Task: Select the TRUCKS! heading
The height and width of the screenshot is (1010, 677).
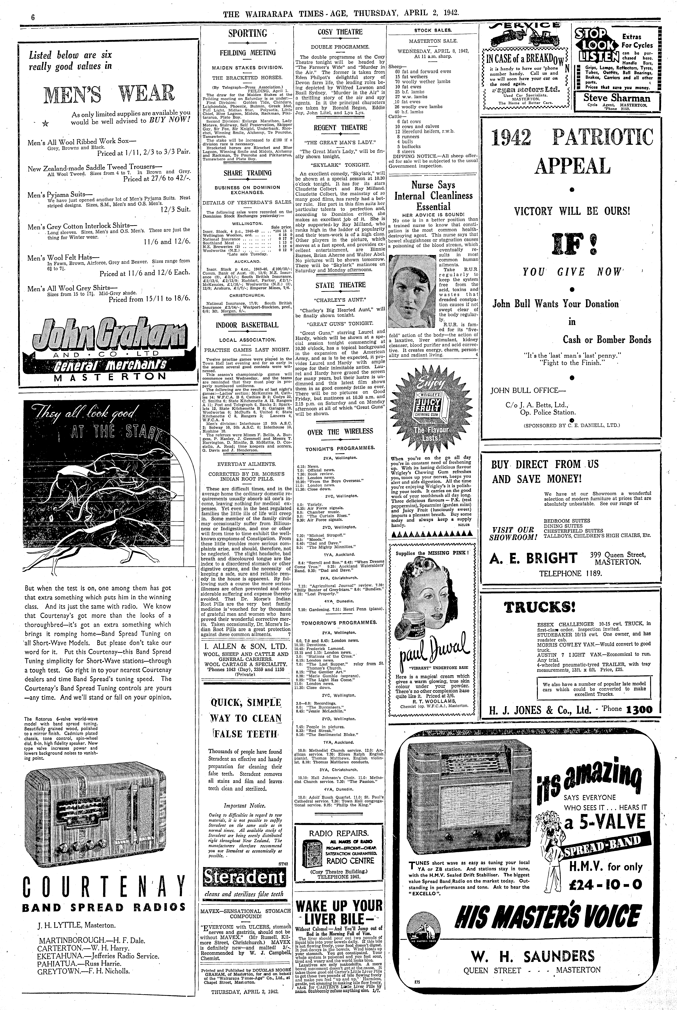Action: tap(540, 608)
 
